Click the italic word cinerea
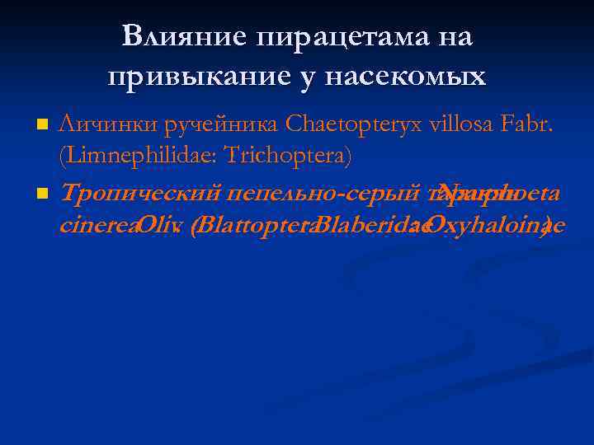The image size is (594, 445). coord(97,225)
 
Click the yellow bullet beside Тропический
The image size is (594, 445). coord(44,194)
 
